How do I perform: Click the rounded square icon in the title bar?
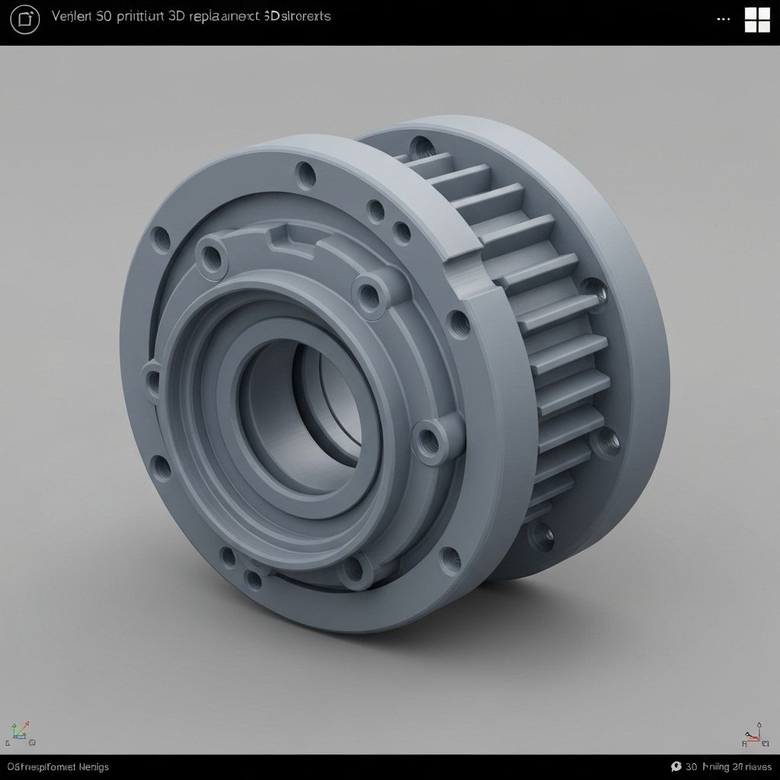tap(25, 20)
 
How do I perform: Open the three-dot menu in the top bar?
tap(724, 20)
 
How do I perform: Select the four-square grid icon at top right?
tap(757, 20)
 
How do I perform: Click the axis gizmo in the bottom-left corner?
tap(20, 733)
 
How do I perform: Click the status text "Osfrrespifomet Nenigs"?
tap(58, 766)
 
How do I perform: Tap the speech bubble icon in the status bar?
tap(676, 766)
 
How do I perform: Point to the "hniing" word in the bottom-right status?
tap(715, 766)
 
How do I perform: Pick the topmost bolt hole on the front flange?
tap(306, 174)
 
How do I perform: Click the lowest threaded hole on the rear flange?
tap(542, 535)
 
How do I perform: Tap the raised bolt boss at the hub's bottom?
tap(358, 567)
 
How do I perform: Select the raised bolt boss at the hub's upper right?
tap(370, 292)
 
